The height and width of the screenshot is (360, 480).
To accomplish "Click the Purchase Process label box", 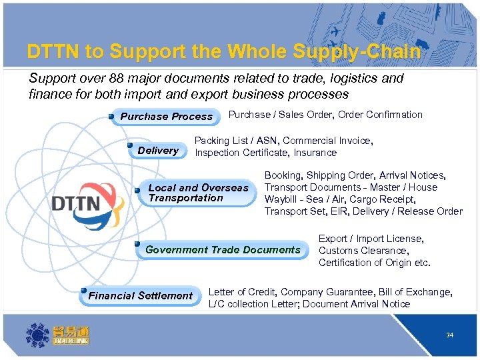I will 166,116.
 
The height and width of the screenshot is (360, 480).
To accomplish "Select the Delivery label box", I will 158,151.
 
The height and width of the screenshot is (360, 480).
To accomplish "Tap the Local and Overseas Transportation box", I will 197,193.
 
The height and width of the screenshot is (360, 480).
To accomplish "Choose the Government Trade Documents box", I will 223,250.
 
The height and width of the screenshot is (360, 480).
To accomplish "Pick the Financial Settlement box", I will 140,295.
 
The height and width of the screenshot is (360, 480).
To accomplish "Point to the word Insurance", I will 315,153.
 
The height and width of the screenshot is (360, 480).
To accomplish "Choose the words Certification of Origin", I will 367,263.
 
